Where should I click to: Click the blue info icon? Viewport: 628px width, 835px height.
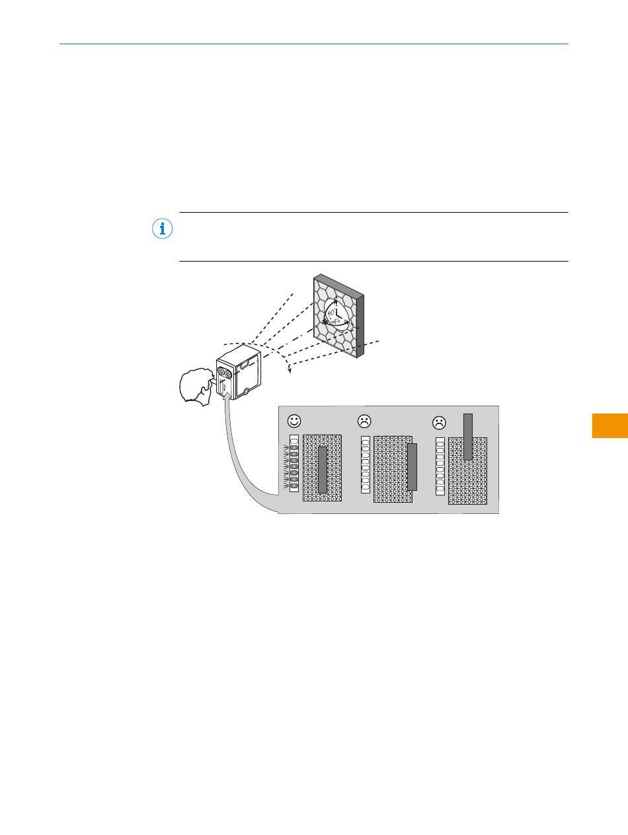162,229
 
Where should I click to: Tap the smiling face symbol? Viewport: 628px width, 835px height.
294,420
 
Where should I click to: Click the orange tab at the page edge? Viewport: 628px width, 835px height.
609,425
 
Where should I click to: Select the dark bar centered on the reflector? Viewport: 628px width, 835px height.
323,470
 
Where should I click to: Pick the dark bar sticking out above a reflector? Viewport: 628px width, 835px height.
468,436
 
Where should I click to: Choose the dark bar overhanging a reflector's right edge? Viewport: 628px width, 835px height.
412,467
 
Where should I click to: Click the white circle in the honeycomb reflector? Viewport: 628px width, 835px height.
336,314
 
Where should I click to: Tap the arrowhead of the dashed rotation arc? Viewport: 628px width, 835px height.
288,370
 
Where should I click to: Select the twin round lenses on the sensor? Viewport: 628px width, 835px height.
225,375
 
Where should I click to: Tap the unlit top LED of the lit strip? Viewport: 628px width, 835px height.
294,441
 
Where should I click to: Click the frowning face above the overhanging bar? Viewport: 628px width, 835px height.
364,421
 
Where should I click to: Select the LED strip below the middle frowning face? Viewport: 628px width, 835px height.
365,464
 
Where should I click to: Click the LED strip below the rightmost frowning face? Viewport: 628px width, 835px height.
440,466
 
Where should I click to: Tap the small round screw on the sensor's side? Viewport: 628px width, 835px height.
246,392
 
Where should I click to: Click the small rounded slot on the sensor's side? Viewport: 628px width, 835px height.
244,363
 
